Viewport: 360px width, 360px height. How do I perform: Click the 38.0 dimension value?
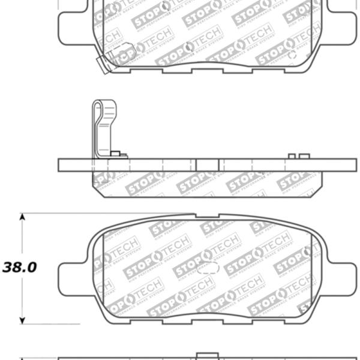(19, 267)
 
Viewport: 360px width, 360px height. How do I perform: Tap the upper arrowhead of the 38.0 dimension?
(22, 217)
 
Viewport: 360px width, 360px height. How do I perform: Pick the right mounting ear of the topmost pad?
(342, 24)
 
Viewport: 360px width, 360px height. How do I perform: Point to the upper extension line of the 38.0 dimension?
(108, 213)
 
